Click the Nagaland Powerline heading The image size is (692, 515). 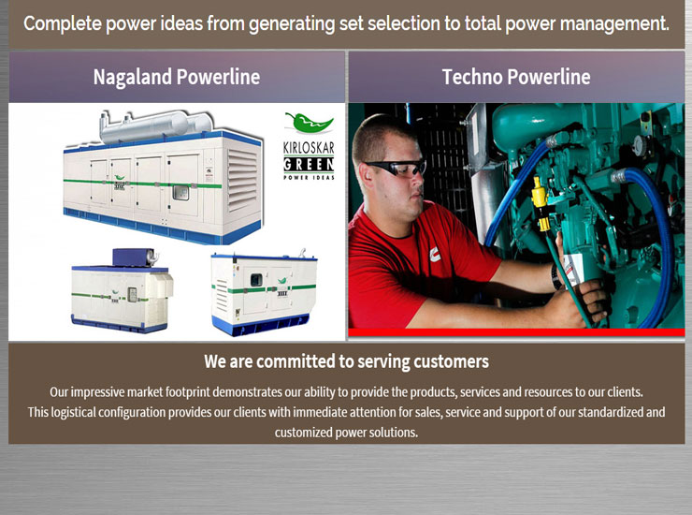[177, 77]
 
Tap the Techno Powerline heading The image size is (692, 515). [516, 77]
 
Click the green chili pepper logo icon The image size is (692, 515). [309, 123]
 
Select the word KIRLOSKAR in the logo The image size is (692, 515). [309, 148]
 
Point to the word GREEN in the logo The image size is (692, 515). [309, 165]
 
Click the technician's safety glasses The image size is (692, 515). [396, 168]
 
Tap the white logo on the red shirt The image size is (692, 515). [435, 254]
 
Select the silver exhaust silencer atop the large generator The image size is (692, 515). [157, 125]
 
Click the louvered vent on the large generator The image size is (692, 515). [242, 179]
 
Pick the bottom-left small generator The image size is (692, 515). [122, 290]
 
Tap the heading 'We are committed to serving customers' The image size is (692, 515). [346, 361]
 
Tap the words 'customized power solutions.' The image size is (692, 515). [346, 432]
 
